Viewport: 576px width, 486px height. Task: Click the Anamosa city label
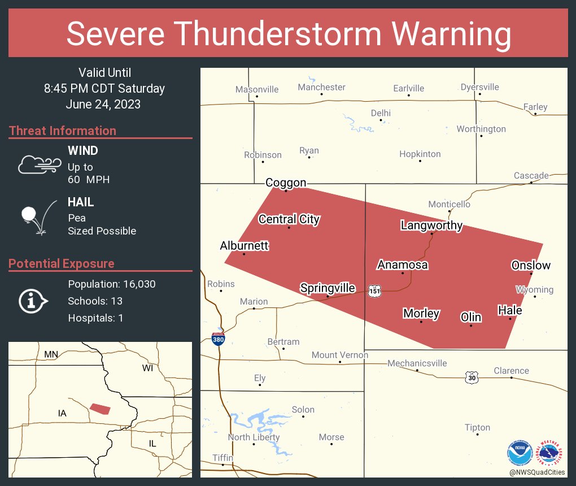tap(403, 265)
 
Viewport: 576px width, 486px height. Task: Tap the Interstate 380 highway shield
tap(219, 339)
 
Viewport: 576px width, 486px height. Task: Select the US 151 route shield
tap(374, 290)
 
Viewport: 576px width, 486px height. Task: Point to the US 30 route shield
tap(472, 377)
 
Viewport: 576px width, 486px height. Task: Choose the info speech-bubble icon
tap(33, 301)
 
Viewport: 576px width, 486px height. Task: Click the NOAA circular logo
tap(520, 453)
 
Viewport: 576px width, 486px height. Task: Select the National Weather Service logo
tap(551, 453)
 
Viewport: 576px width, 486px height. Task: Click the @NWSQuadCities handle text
tap(536, 472)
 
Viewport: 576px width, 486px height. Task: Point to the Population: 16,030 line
tap(111, 284)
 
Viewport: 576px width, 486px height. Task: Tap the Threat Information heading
tap(63, 131)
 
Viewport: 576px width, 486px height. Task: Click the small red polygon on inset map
tap(101, 409)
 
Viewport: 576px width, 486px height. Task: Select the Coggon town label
tap(286, 183)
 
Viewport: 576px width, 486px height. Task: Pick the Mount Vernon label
tap(340, 355)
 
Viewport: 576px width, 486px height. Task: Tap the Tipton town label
tap(477, 427)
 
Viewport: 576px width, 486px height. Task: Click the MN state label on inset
tap(51, 354)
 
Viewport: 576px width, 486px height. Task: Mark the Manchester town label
tap(321, 87)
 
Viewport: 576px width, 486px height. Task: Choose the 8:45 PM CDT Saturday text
tap(104, 89)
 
